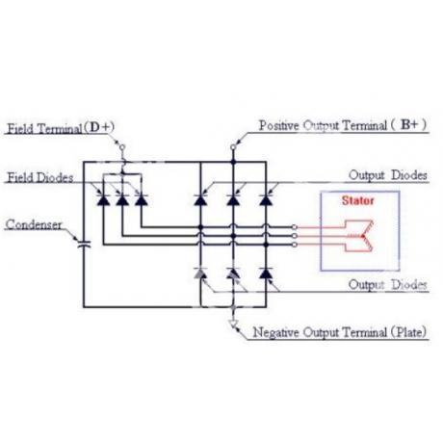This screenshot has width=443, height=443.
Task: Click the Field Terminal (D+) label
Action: pyautogui.click(x=61, y=128)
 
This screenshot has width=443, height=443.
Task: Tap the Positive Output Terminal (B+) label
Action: pyautogui.click(x=343, y=125)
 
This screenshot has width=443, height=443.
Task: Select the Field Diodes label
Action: pyautogui.click(x=40, y=177)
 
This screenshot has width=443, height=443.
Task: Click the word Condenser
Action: pyautogui.click(x=34, y=224)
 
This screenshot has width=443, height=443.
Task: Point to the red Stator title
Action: pyautogui.click(x=357, y=200)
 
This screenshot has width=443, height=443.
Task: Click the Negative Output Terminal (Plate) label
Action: pyautogui.click(x=340, y=332)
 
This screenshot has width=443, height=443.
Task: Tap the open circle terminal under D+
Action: pyautogui.click(x=122, y=147)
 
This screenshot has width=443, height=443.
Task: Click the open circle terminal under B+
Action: pyautogui.click(x=233, y=147)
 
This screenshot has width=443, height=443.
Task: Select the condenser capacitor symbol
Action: pyautogui.click(x=84, y=245)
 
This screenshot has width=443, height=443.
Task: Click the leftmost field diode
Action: pyautogui.click(x=103, y=199)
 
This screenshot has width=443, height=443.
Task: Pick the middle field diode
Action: pyautogui.click(x=122, y=199)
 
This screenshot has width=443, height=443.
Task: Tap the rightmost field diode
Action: pyautogui.click(x=142, y=199)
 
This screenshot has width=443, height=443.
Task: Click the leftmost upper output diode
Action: pyautogui.click(x=200, y=199)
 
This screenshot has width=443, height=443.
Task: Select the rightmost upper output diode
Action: pyautogui.click(x=266, y=199)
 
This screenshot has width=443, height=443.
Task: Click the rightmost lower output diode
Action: pyautogui.click(x=266, y=273)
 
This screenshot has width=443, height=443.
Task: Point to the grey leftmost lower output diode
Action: pyautogui.click(x=200, y=273)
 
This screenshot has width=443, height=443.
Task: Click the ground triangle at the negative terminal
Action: pyautogui.click(x=234, y=324)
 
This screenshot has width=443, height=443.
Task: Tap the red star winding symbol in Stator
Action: pyautogui.click(x=359, y=236)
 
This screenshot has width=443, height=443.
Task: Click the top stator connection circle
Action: pyautogui.click(x=295, y=227)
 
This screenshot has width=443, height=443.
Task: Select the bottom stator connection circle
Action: pyautogui.click(x=295, y=245)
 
